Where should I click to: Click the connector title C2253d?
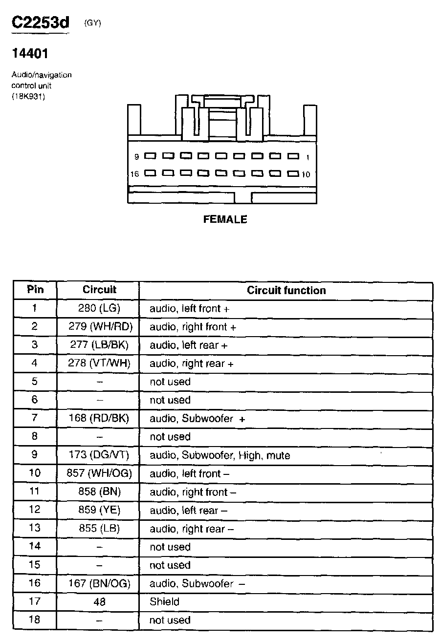pyautogui.click(x=41, y=23)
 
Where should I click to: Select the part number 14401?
pyautogui.click(x=30, y=53)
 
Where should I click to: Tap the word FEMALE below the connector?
pyautogui.click(x=225, y=220)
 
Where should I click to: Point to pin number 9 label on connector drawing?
pyautogui.click(x=137, y=157)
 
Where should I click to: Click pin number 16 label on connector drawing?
pyautogui.click(x=135, y=174)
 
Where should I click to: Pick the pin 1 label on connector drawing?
pyautogui.click(x=308, y=157)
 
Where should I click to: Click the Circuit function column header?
pyautogui.click(x=286, y=290)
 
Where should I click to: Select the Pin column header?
pyautogui.click(x=35, y=289)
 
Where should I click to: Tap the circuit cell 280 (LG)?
pyautogui.click(x=99, y=308)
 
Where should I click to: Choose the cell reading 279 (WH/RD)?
pyautogui.click(x=101, y=326)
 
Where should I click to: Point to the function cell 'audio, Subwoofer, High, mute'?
pyautogui.click(x=220, y=455)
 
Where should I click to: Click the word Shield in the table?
pyautogui.click(x=164, y=602)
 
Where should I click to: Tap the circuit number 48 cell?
pyautogui.click(x=99, y=602)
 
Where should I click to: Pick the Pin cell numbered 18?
pyautogui.click(x=35, y=620)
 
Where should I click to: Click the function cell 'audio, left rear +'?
pyautogui.click(x=189, y=345)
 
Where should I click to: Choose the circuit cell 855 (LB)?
pyautogui.click(x=99, y=529)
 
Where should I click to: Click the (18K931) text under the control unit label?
pyautogui.click(x=28, y=96)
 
